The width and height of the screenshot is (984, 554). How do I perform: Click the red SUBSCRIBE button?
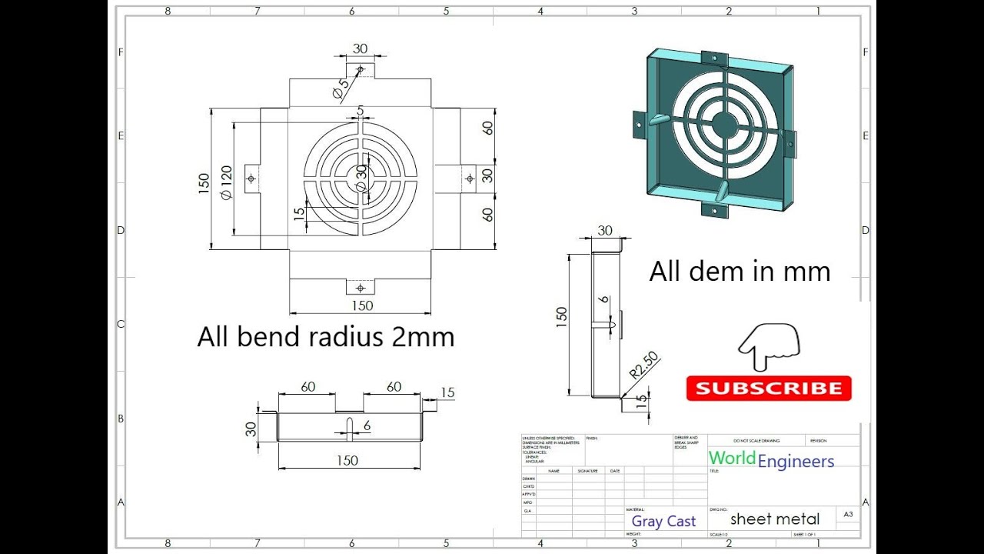(769, 389)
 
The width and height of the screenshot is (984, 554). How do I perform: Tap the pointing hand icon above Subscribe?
(769, 346)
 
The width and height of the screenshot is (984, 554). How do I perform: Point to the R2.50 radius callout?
(644, 365)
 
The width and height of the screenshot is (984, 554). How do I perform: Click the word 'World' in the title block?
(732, 458)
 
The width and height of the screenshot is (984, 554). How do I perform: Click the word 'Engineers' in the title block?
(796, 462)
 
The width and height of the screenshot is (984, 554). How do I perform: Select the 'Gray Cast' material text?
(663, 522)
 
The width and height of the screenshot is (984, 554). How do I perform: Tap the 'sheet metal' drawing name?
(775, 519)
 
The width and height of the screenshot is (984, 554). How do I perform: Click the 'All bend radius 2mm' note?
(325, 337)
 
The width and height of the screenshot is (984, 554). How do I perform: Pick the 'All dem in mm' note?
(740, 272)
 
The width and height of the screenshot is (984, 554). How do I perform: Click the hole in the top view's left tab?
(251, 179)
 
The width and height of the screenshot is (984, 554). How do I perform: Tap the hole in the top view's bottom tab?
(360, 288)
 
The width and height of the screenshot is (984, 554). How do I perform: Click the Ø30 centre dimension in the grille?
(361, 178)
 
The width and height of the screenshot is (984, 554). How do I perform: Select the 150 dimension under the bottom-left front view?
(347, 460)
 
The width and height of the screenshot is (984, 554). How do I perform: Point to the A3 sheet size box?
(848, 514)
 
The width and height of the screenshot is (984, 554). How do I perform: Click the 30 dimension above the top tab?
(360, 48)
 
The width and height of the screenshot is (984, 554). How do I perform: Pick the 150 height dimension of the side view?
(561, 315)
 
